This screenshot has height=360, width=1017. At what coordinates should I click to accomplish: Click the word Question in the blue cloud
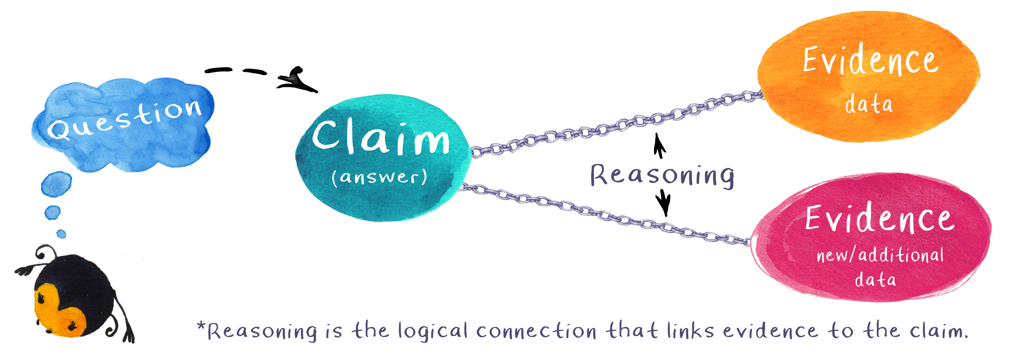pyautogui.click(x=124, y=118)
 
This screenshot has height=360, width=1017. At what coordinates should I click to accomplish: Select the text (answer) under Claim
pyautogui.click(x=379, y=176)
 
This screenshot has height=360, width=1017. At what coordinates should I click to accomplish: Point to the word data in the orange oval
pyautogui.click(x=869, y=104)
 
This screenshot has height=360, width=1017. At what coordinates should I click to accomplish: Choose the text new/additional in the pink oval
pyautogui.click(x=880, y=255)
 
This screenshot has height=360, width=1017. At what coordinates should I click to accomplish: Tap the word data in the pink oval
pyautogui.click(x=875, y=279)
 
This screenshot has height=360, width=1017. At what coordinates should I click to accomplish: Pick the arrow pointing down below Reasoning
pyautogui.click(x=664, y=202)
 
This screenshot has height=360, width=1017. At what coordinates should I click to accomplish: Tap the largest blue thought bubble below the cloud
pyautogui.click(x=57, y=184)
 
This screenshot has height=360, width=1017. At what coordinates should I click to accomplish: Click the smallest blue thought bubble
pyautogui.click(x=61, y=234)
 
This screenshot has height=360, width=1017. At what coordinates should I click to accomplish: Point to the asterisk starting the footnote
pyautogui.click(x=201, y=326)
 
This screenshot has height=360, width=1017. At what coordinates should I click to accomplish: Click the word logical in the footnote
pyautogui.click(x=433, y=331)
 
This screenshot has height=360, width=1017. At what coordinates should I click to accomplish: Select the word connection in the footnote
pyautogui.click(x=536, y=331)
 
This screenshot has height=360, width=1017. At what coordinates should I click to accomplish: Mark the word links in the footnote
pyautogui.click(x=690, y=331)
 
